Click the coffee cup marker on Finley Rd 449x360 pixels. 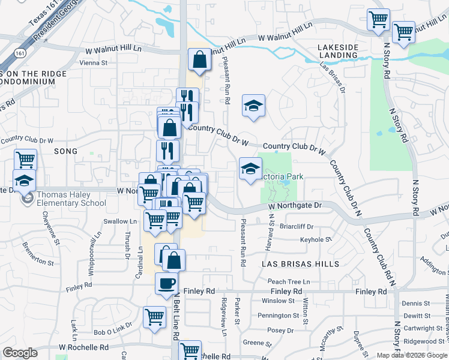[166, 283]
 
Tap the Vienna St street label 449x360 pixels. [93, 62]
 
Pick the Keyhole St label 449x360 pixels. [316, 239]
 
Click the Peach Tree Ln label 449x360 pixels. [289, 281]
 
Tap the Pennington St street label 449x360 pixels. [278, 315]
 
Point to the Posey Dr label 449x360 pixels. [280, 330]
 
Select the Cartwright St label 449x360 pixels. [424, 328]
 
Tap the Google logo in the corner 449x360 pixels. [20, 353]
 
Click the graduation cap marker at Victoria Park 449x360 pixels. [251, 168]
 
